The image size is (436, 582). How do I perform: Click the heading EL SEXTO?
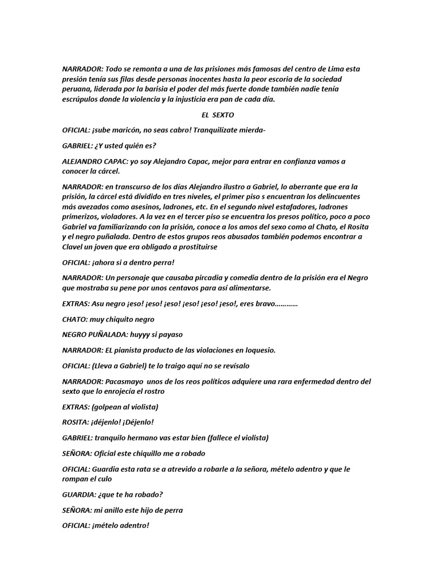coord(217,114)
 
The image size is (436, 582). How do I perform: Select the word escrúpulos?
coord(81,99)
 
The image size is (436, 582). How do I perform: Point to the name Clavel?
coord(73,247)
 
